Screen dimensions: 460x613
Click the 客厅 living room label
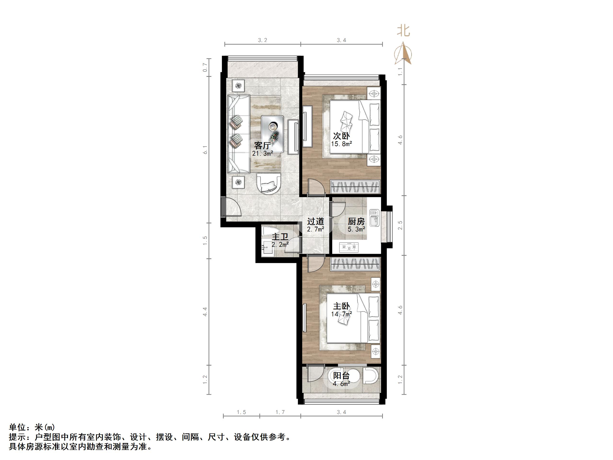click(262, 146)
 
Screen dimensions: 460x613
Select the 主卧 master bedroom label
click(341, 307)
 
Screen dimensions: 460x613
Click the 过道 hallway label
click(315, 222)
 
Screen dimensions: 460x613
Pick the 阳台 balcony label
click(341, 376)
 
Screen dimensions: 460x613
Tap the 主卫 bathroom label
click(280, 237)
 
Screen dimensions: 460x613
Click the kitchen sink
click(374, 218)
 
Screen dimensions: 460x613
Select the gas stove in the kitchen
click(349, 247)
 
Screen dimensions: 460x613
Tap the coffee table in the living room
click(272, 134)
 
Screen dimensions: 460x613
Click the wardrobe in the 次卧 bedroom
click(355, 187)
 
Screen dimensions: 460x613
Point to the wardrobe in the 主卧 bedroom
click(355, 264)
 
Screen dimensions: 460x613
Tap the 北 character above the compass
click(403, 30)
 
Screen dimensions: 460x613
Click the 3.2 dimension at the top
click(263, 41)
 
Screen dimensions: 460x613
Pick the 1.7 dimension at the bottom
click(280, 412)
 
